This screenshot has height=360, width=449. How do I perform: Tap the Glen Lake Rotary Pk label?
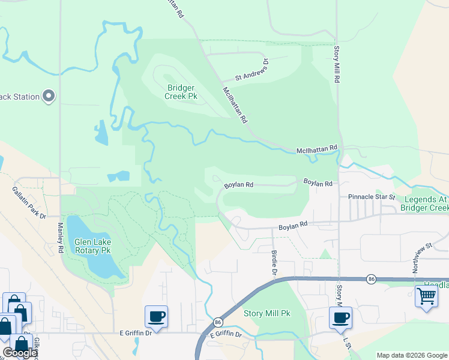(92, 246)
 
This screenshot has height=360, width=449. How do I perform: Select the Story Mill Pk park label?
(267, 313)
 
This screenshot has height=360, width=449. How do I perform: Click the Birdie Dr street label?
(274, 263)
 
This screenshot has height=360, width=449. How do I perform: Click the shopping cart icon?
(426, 296)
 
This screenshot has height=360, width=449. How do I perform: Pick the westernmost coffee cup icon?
(156, 316)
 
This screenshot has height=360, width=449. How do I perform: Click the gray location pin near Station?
(49, 96)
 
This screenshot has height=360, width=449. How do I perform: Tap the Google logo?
(20, 353)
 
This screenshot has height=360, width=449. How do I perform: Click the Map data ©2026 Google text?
(412, 355)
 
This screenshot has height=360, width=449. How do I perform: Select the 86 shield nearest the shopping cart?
(372, 279)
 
